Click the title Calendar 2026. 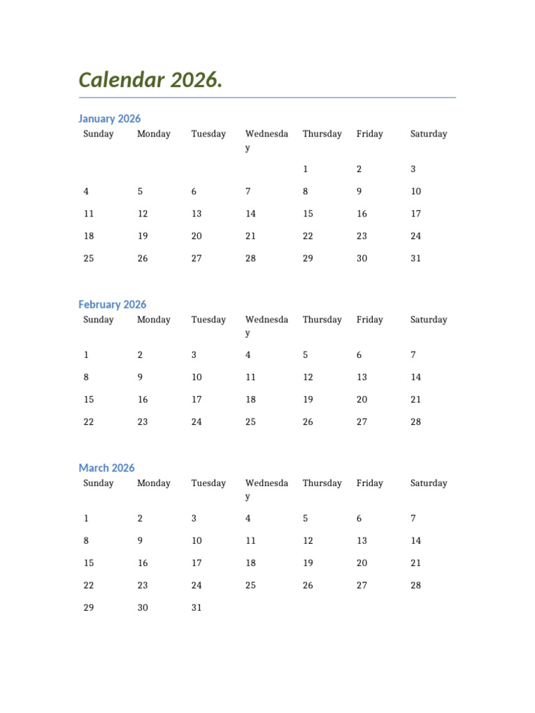click(x=150, y=80)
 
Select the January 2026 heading click(x=109, y=118)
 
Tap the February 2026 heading click(x=112, y=304)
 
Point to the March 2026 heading click(x=107, y=468)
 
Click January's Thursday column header click(x=322, y=134)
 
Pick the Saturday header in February click(x=428, y=320)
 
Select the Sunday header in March click(x=98, y=483)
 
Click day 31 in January click(x=416, y=258)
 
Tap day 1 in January click(x=305, y=169)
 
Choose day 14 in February click(x=416, y=377)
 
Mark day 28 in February click(x=416, y=422)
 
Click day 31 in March click(x=196, y=608)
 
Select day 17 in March click(x=196, y=563)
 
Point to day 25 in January click(x=88, y=258)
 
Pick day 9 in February click(x=140, y=377)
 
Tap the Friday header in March click(x=369, y=483)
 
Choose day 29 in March click(x=88, y=608)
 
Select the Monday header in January click(x=153, y=134)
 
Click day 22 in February click(x=88, y=422)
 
